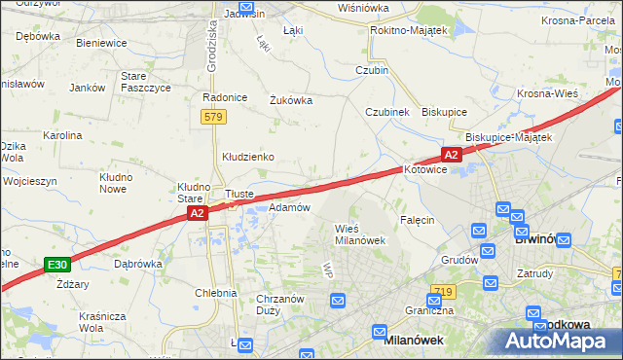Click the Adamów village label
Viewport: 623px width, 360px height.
tap(288, 207)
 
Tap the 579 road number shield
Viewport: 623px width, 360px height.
tap(214, 117)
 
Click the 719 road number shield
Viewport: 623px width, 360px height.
tap(444, 292)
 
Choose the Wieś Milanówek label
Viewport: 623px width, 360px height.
tap(360, 234)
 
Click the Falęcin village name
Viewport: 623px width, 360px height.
tap(416, 220)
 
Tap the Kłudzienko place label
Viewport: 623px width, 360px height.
tap(247, 156)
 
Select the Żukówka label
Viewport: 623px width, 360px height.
tap(290, 98)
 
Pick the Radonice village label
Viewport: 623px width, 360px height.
tap(221, 97)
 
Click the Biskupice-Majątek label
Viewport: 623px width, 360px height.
tap(508, 137)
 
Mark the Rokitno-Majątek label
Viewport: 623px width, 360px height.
tap(408, 31)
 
